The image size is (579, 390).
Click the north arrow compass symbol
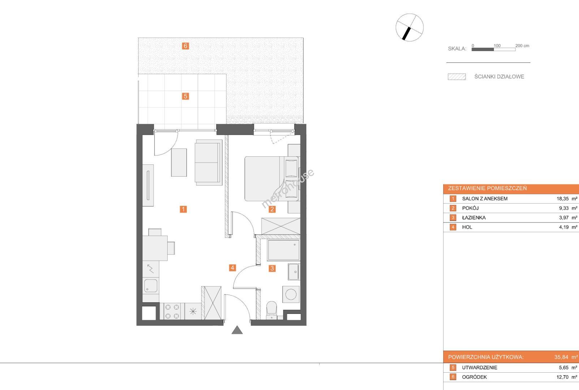pyautogui.click(x=410, y=27)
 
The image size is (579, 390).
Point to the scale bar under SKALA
pyautogui.click(x=493, y=49)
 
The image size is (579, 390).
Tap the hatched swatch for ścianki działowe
pyautogui.click(x=457, y=77)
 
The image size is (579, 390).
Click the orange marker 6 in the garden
pyautogui.click(x=185, y=46)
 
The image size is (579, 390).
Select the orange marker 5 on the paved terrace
pyautogui.click(x=185, y=96)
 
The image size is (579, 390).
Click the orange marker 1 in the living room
pyautogui.click(x=183, y=209)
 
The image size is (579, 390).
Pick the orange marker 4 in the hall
pyautogui.click(x=232, y=268)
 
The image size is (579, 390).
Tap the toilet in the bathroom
pyautogui.click(x=271, y=311)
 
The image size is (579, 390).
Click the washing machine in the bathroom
pyautogui.click(x=291, y=294)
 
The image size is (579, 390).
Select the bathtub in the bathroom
pyautogui.click(x=284, y=250)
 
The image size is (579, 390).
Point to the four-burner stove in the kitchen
pyautogui.click(x=172, y=311)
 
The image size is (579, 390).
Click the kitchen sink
pyautogui.click(x=151, y=286)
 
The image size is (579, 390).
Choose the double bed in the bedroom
pyautogui.click(x=272, y=179)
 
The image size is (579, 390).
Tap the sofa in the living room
pyautogui.click(x=209, y=162)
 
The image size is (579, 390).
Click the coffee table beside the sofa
pyautogui.click(x=179, y=162)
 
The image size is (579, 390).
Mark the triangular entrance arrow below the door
pyautogui.click(x=237, y=330)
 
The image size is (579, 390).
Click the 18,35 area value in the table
pyautogui.click(x=562, y=199)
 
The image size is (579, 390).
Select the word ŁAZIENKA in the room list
pyautogui.click(x=474, y=218)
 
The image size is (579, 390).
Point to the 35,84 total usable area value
pyautogui.click(x=561, y=357)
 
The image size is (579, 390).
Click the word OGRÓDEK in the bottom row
pyautogui.click(x=474, y=377)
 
